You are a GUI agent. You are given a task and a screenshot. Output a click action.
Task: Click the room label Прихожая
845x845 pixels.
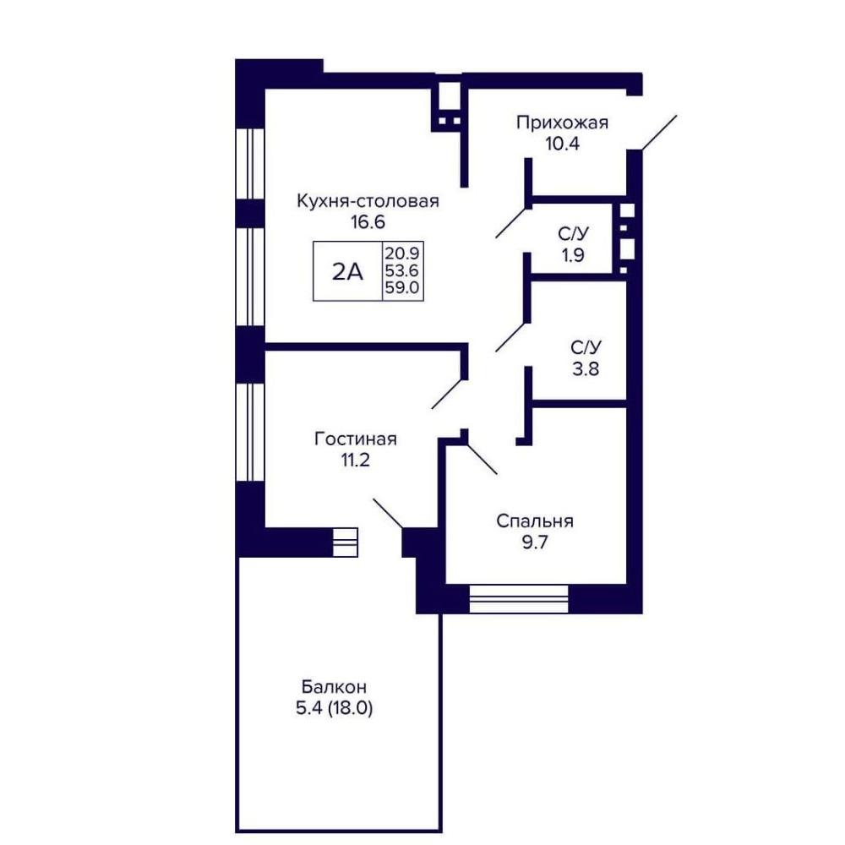(x=562, y=123)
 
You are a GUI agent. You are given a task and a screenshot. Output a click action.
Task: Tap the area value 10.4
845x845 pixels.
(x=562, y=144)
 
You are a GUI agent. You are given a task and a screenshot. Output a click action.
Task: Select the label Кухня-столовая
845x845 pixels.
(x=368, y=201)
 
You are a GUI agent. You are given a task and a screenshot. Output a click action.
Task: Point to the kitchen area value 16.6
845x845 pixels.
(x=368, y=221)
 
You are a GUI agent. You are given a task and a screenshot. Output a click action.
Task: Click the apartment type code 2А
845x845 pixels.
(x=347, y=272)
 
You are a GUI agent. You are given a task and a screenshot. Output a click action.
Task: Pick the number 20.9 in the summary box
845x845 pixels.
(x=402, y=253)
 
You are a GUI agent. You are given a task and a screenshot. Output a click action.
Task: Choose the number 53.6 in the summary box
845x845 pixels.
(x=402, y=270)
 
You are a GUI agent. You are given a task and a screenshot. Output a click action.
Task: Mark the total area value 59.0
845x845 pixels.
(x=402, y=287)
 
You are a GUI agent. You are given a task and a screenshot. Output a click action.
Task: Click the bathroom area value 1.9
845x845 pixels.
(x=573, y=254)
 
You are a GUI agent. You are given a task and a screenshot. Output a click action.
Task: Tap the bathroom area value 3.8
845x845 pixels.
(x=586, y=369)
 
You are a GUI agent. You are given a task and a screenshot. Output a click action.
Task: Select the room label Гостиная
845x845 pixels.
(x=355, y=439)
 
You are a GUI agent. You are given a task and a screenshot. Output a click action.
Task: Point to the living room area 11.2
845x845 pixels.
(x=355, y=461)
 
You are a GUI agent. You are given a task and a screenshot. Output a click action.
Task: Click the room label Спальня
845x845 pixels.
(x=535, y=521)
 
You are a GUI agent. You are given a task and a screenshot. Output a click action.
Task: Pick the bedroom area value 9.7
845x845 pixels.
(x=535, y=542)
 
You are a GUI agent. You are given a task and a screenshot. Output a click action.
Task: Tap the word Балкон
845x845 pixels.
(x=334, y=687)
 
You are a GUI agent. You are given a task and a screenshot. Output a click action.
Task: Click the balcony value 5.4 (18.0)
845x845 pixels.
(x=334, y=708)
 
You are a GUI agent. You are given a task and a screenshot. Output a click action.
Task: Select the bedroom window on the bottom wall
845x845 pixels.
(x=519, y=599)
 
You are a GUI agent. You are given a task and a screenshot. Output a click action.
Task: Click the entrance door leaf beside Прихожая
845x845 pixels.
(x=659, y=132)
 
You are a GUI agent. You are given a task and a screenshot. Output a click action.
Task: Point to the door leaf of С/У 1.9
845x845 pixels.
(x=512, y=222)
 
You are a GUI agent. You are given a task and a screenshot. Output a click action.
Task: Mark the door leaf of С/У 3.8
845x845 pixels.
(x=512, y=336)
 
